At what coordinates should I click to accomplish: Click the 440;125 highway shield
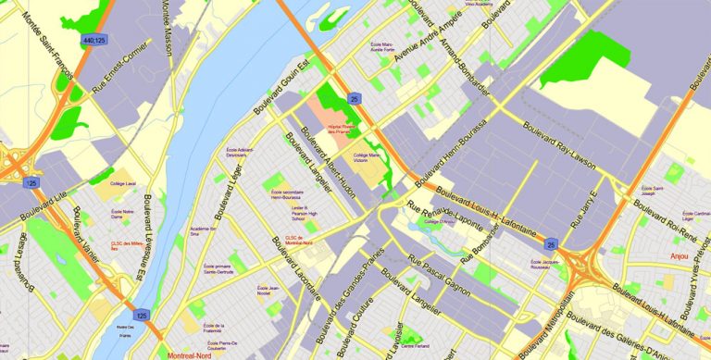(x=94, y=41)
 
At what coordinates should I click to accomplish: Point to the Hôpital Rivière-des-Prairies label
(x=342, y=129)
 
